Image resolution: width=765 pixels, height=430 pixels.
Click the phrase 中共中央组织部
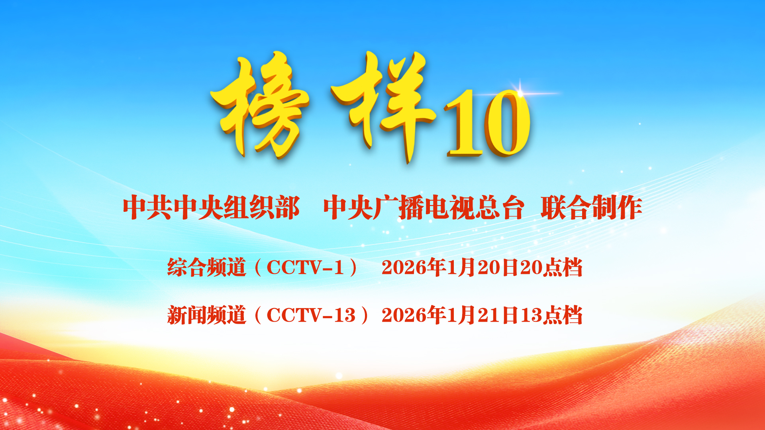click(211, 207)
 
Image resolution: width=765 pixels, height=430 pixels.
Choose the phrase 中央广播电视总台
click(424, 207)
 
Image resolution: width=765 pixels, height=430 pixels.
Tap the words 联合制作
click(591, 207)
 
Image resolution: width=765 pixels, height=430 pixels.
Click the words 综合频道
click(206, 268)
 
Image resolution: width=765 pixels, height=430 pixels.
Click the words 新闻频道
click(206, 315)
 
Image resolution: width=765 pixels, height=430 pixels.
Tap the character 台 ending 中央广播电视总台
click(511, 207)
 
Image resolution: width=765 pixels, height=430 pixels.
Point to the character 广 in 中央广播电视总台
click(385, 207)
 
